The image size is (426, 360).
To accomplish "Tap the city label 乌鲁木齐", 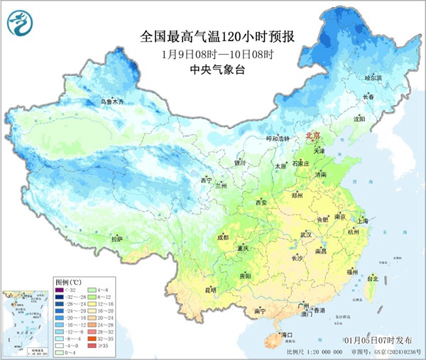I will pos(116,102).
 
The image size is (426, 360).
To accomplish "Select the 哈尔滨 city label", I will pos(373,77).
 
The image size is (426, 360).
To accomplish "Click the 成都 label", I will pos(224,236).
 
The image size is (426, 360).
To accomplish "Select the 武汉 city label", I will pos(306,234).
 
